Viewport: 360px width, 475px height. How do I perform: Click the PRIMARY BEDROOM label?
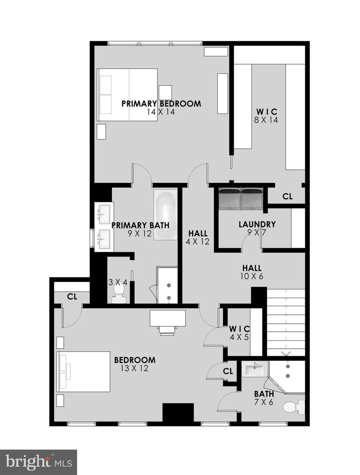[161, 104]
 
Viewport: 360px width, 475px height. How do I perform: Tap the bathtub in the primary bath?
[165, 214]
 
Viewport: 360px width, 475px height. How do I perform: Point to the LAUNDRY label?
[257, 224]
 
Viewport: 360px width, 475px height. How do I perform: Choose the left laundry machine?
[230, 198]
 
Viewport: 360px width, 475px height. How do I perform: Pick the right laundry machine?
[252, 198]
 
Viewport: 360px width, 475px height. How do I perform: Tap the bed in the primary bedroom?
[128, 94]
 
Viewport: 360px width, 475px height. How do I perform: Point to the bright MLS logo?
[39, 462]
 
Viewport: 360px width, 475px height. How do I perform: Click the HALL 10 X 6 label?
[252, 272]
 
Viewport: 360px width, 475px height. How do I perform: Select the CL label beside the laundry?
[287, 197]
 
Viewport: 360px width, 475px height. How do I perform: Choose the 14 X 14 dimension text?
[161, 112]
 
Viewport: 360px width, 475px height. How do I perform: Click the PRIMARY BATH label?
[140, 225]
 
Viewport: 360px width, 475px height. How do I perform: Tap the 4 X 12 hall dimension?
[198, 241]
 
